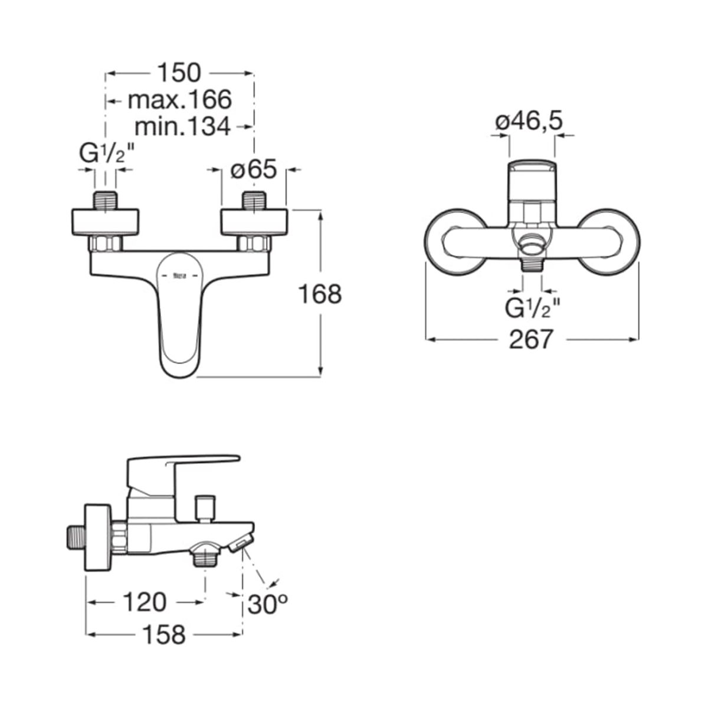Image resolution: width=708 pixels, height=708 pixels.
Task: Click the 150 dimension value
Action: (179, 73)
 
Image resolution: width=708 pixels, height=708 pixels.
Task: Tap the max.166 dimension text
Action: (180, 99)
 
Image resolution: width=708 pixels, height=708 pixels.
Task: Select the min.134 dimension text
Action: (182, 126)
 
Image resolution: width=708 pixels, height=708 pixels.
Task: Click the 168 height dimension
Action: (320, 294)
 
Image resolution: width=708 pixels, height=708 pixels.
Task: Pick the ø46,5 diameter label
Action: (529, 122)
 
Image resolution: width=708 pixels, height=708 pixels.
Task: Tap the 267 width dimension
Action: (531, 339)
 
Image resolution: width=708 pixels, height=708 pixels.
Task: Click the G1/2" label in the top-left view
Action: (107, 153)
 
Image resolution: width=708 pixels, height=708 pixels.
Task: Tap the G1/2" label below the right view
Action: (532, 308)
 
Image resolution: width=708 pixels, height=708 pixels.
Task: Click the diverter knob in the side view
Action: (205, 508)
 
